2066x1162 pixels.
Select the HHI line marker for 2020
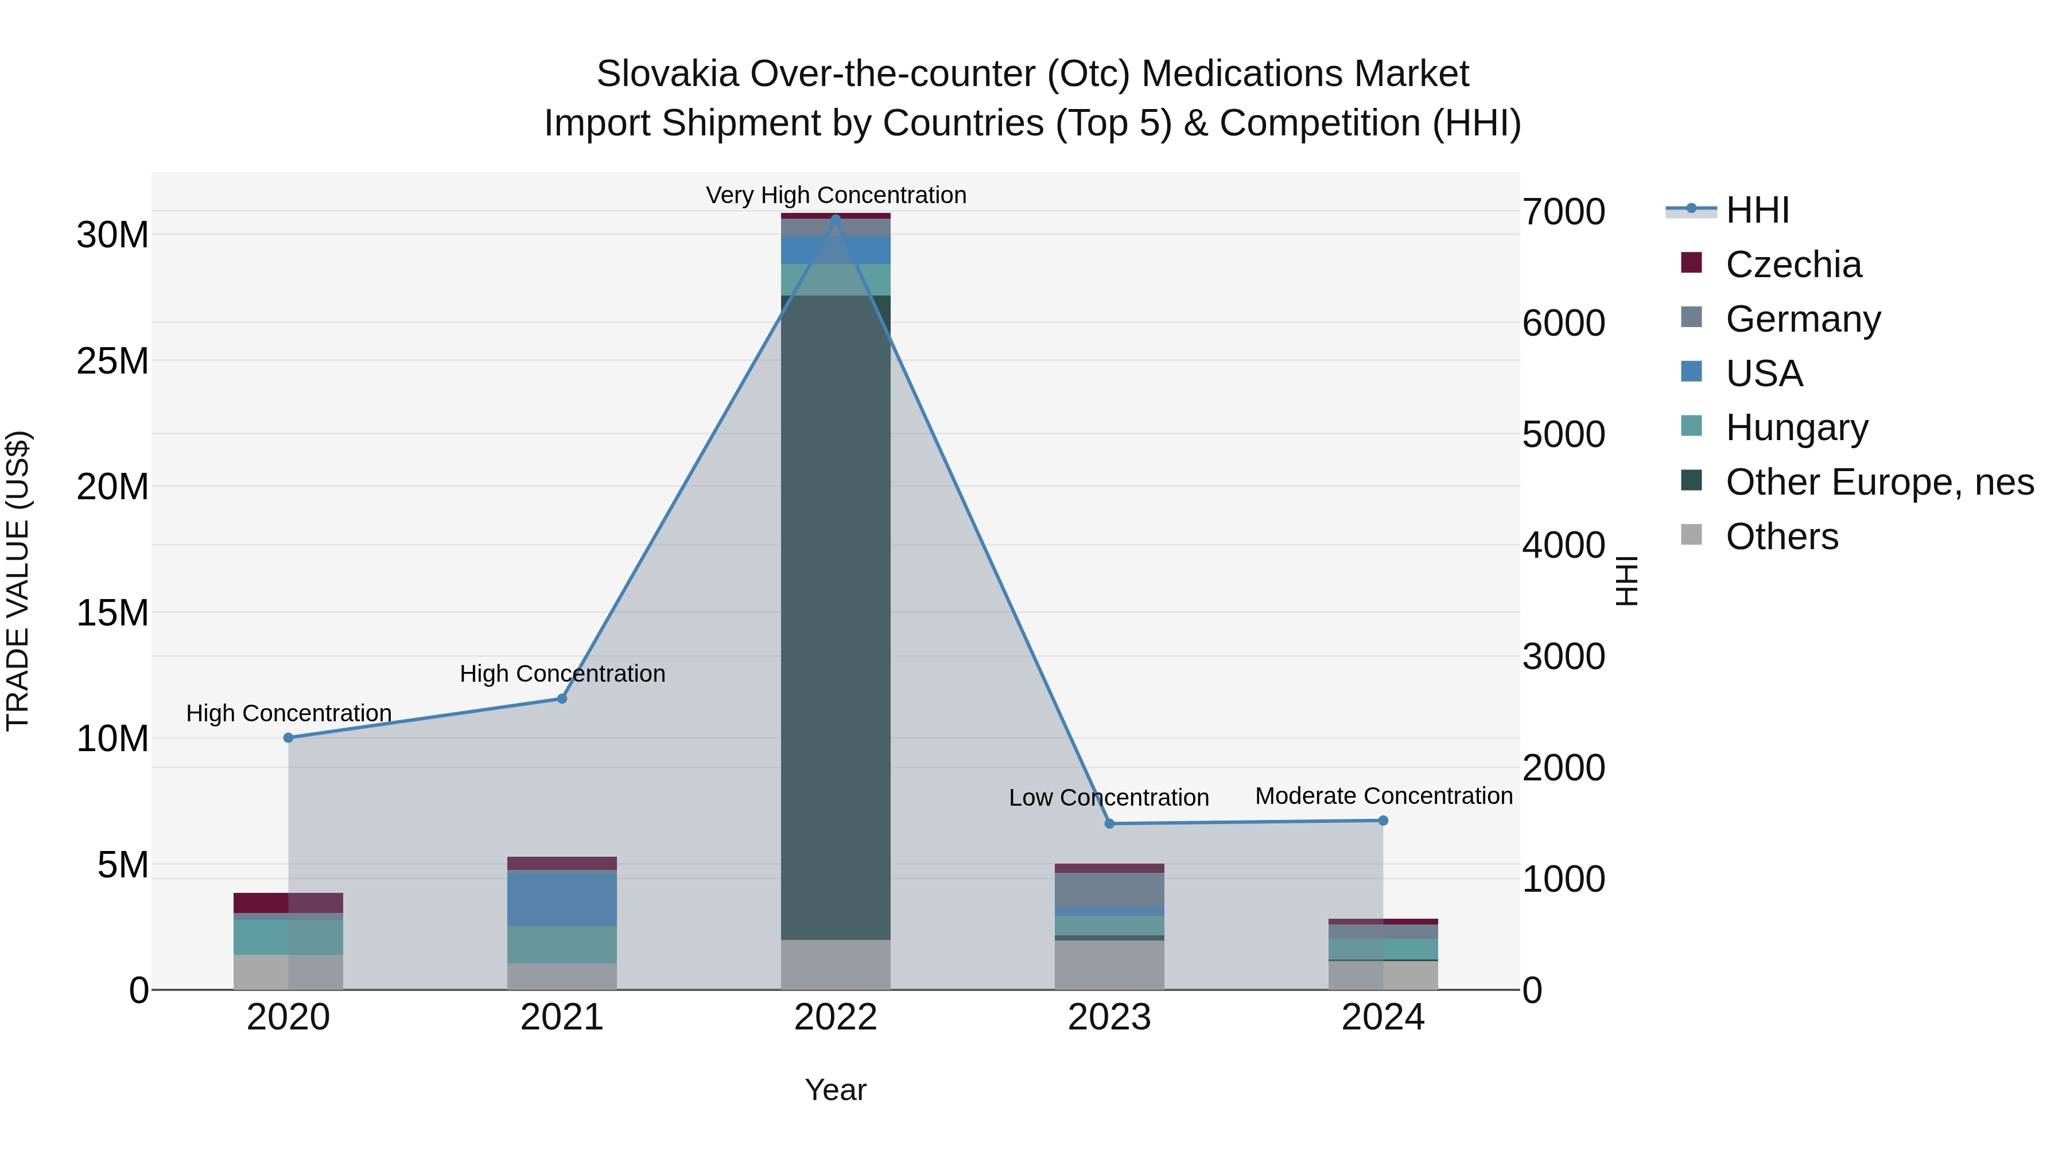(289, 738)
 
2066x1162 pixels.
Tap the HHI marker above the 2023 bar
(1110, 823)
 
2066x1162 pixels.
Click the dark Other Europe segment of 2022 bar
(836, 617)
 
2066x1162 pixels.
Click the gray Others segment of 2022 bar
(836, 965)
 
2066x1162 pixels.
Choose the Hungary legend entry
(1796, 428)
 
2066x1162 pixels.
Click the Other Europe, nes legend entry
(1879, 482)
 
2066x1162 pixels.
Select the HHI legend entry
(1757, 210)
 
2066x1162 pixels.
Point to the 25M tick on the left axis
(112, 362)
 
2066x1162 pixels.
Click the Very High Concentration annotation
(836, 195)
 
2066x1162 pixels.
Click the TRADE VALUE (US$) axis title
(18, 581)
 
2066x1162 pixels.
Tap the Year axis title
(836, 1090)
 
